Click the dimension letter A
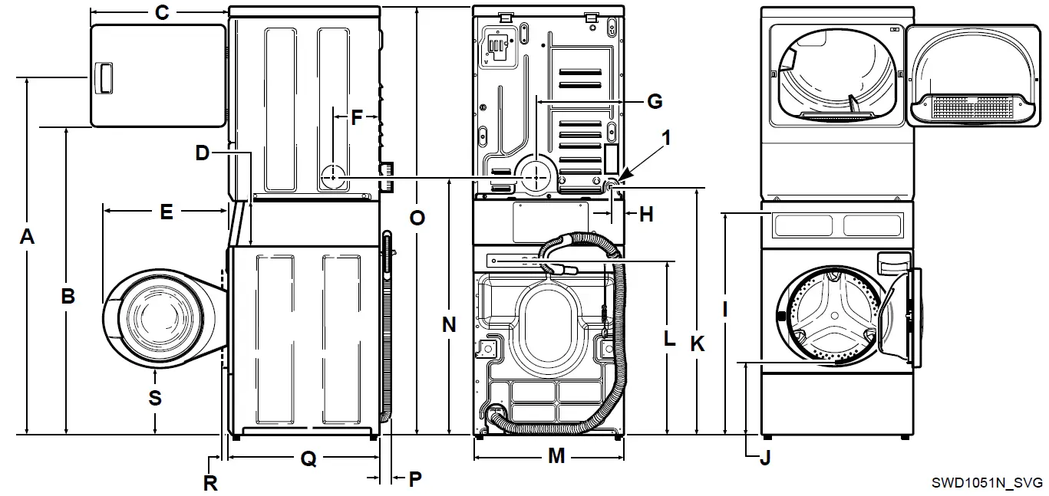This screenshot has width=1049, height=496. pos(27,238)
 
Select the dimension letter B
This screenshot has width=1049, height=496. pos(68,296)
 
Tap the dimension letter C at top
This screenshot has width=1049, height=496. pos(161,12)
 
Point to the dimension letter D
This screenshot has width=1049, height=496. pos(202,153)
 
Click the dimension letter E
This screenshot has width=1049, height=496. pos(166,212)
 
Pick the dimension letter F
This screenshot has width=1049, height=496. pos(356,117)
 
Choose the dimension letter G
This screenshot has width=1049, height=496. pos(654,101)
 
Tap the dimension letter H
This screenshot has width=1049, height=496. pos(645,215)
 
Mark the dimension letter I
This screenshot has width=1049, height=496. pos(725,309)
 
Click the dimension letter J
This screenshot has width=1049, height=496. pos(764,458)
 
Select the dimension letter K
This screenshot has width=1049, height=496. pos(697,344)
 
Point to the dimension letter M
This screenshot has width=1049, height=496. pos(556,457)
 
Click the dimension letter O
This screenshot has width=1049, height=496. pos(417,218)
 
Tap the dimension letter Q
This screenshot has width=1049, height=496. pos(308,458)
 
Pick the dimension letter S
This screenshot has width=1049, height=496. pos(155,397)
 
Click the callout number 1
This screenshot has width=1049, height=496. pos(666,138)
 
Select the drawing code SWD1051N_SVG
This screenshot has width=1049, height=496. pos(987,483)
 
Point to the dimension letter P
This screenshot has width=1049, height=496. pos(414,479)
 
